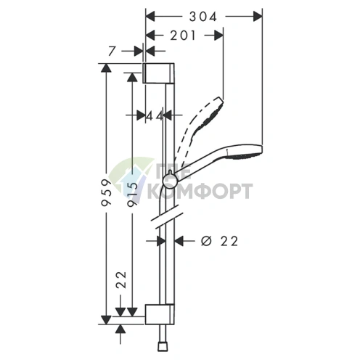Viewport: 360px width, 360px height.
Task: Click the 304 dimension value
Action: pos(203,17)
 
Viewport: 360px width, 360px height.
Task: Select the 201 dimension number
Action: pos(183,36)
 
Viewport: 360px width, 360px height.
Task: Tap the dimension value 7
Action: pos(111,51)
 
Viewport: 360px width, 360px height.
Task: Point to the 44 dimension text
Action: pos(155,116)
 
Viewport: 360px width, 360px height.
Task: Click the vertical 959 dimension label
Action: pos(106,192)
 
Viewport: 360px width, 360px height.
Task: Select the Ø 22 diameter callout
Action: pos(219,241)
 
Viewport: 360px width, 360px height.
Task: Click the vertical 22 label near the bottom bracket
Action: pos(121,279)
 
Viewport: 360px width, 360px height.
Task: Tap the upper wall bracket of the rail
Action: pos(158,73)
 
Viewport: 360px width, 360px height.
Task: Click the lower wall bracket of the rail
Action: pos(160,314)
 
